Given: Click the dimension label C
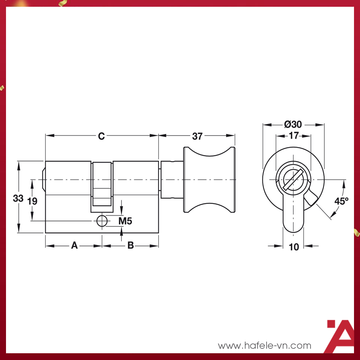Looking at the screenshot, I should (x=101, y=136).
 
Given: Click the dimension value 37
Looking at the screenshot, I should (x=197, y=136).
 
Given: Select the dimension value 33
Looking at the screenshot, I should (x=18, y=198).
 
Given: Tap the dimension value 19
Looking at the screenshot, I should (x=33, y=201).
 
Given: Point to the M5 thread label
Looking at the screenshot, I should (x=125, y=221).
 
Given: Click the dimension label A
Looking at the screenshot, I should (x=74, y=246).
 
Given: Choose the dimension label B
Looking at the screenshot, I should (x=130, y=246).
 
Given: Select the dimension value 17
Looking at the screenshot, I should (x=293, y=136).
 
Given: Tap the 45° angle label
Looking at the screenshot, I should (x=341, y=201).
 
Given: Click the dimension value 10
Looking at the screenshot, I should (x=294, y=247).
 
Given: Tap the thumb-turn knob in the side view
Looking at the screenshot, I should (x=209, y=180).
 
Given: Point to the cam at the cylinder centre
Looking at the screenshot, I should (x=102, y=184).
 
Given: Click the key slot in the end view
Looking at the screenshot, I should (x=293, y=179).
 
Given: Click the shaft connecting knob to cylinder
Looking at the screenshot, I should (x=172, y=180).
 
